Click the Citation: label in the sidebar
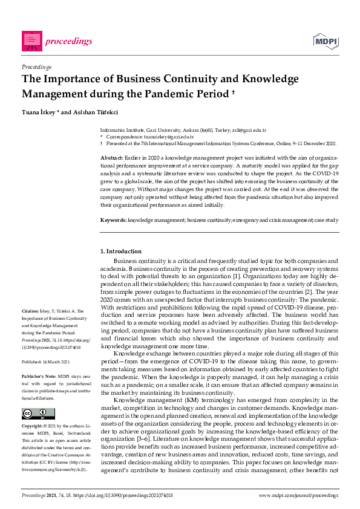(31, 312)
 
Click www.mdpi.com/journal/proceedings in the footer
(298, 496)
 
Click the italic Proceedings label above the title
(36, 66)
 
